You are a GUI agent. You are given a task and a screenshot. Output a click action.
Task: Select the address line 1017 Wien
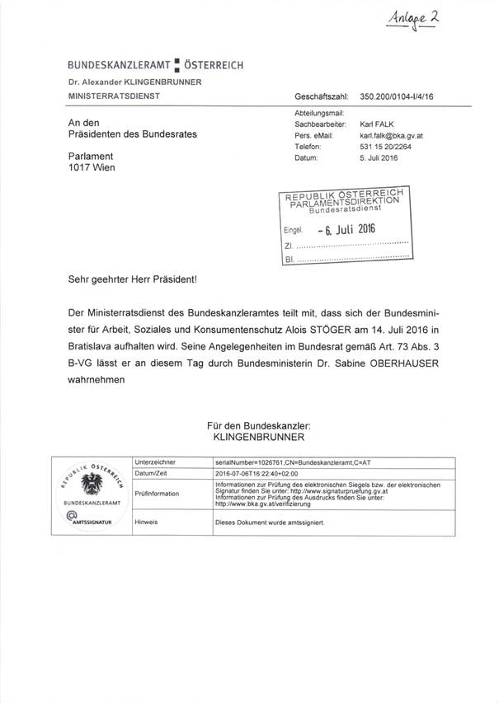(x=92, y=167)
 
